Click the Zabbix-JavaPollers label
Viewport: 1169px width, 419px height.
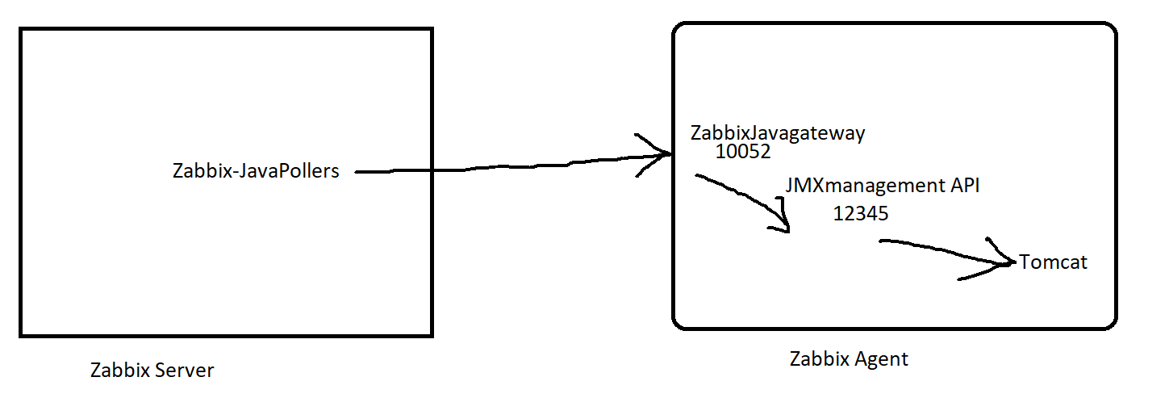(x=256, y=171)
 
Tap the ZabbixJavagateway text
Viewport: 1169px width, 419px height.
(x=778, y=134)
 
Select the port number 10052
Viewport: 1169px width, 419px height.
(x=743, y=152)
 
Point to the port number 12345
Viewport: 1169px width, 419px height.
(x=861, y=214)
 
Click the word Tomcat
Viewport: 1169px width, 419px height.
(x=1053, y=262)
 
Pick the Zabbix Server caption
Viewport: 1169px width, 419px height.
(x=152, y=370)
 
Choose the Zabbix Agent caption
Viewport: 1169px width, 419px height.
(x=849, y=359)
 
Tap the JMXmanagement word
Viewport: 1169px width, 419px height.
(x=866, y=186)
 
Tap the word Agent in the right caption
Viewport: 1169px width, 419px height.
(x=881, y=360)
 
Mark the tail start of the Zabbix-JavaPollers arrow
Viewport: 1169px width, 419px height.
(x=356, y=171)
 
